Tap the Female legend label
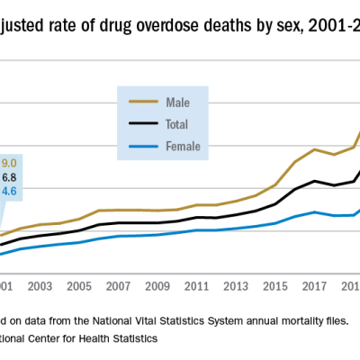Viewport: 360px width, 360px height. [183, 145]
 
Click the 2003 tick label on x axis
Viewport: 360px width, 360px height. [39, 286]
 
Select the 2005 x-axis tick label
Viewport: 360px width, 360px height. [78, 286]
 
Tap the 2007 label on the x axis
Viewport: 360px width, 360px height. [118, 286]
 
